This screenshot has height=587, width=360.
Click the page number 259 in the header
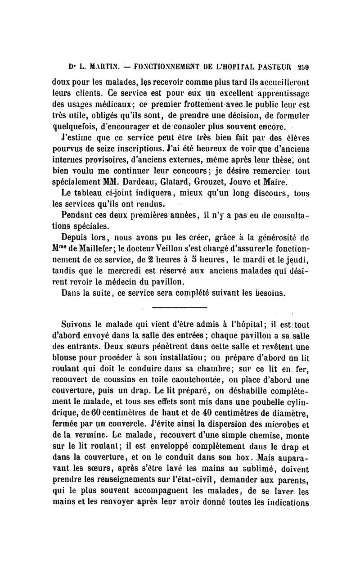(x=308, y=67)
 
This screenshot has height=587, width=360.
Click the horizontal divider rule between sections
(x=180, y=307)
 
